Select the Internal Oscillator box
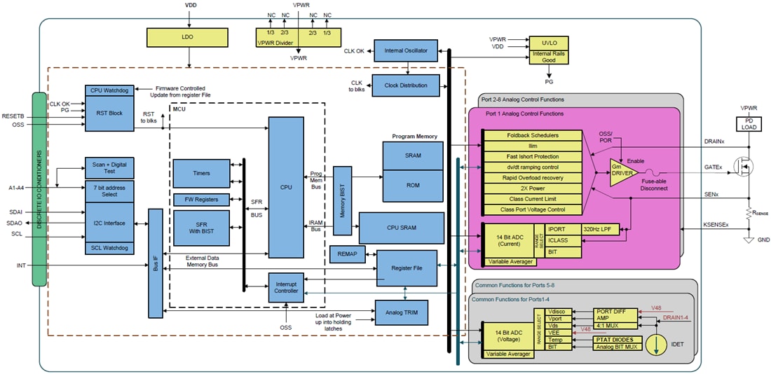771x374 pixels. (406, 50)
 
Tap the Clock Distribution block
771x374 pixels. (406, 85)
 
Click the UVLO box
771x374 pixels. (550, 42)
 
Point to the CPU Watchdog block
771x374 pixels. (109, 90)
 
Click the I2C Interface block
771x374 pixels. (109, 223)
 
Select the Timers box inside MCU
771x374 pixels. (201, 173)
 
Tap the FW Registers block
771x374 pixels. (201, 200)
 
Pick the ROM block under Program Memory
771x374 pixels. (412, 185)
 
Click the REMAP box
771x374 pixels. (347, 254)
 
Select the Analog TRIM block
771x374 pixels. (406, 312)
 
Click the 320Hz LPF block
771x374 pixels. (601, 228)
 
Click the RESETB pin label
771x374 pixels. (14, 115)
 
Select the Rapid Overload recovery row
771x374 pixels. (533, 178)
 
